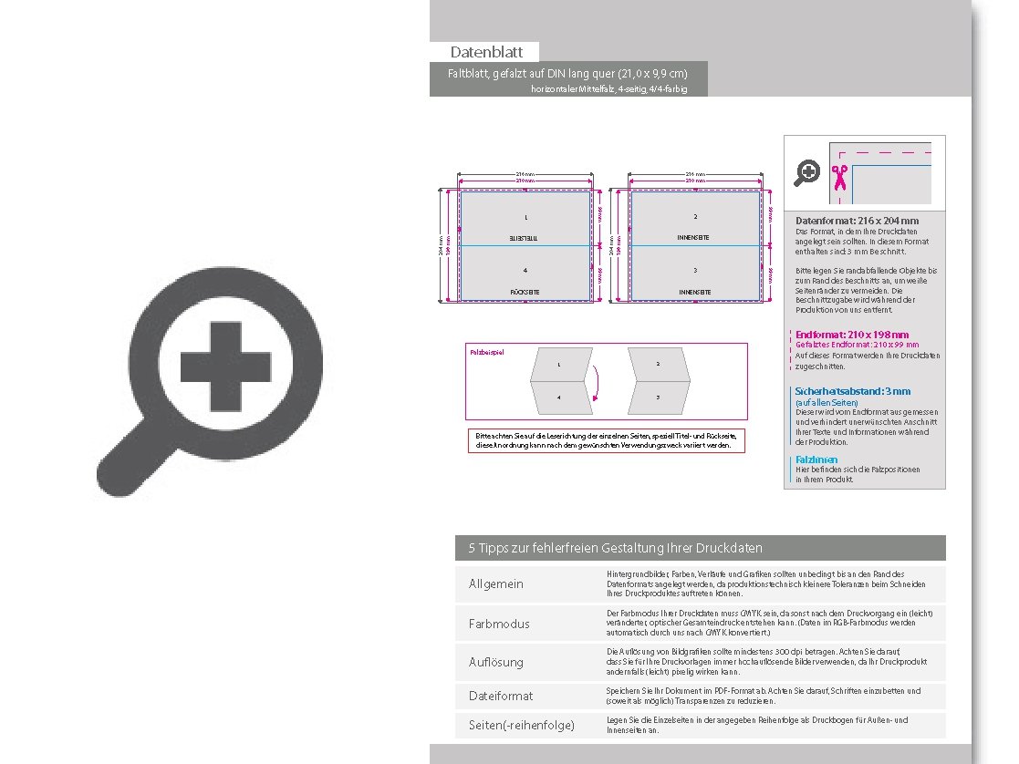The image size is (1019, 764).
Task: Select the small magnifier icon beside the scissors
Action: (806, 172)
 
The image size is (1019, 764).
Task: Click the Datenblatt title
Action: (485, 52)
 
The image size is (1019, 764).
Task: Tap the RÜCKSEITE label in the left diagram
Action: (525, 293)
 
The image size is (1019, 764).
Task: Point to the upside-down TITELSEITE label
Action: (525, 237)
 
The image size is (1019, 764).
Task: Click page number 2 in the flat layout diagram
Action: (695, 216)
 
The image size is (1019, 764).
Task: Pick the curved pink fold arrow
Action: (594, 384)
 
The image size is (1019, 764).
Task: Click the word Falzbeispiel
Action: (486, 351)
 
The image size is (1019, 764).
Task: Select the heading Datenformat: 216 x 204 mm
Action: (857, 221)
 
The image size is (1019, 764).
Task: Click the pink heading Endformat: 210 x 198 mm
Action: (852, 335)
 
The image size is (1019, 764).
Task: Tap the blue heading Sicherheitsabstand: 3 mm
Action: (852, 391)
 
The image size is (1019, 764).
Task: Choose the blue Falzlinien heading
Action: (816, 459)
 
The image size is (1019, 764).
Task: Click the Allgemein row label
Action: (496, 583)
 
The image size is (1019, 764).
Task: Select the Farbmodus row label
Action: (499, 624)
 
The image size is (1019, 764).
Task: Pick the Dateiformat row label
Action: (501, 696)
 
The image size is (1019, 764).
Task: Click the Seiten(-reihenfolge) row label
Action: (522, 725)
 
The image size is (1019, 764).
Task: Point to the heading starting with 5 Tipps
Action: (615, 548)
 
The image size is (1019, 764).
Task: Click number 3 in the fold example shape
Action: (658, 397)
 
